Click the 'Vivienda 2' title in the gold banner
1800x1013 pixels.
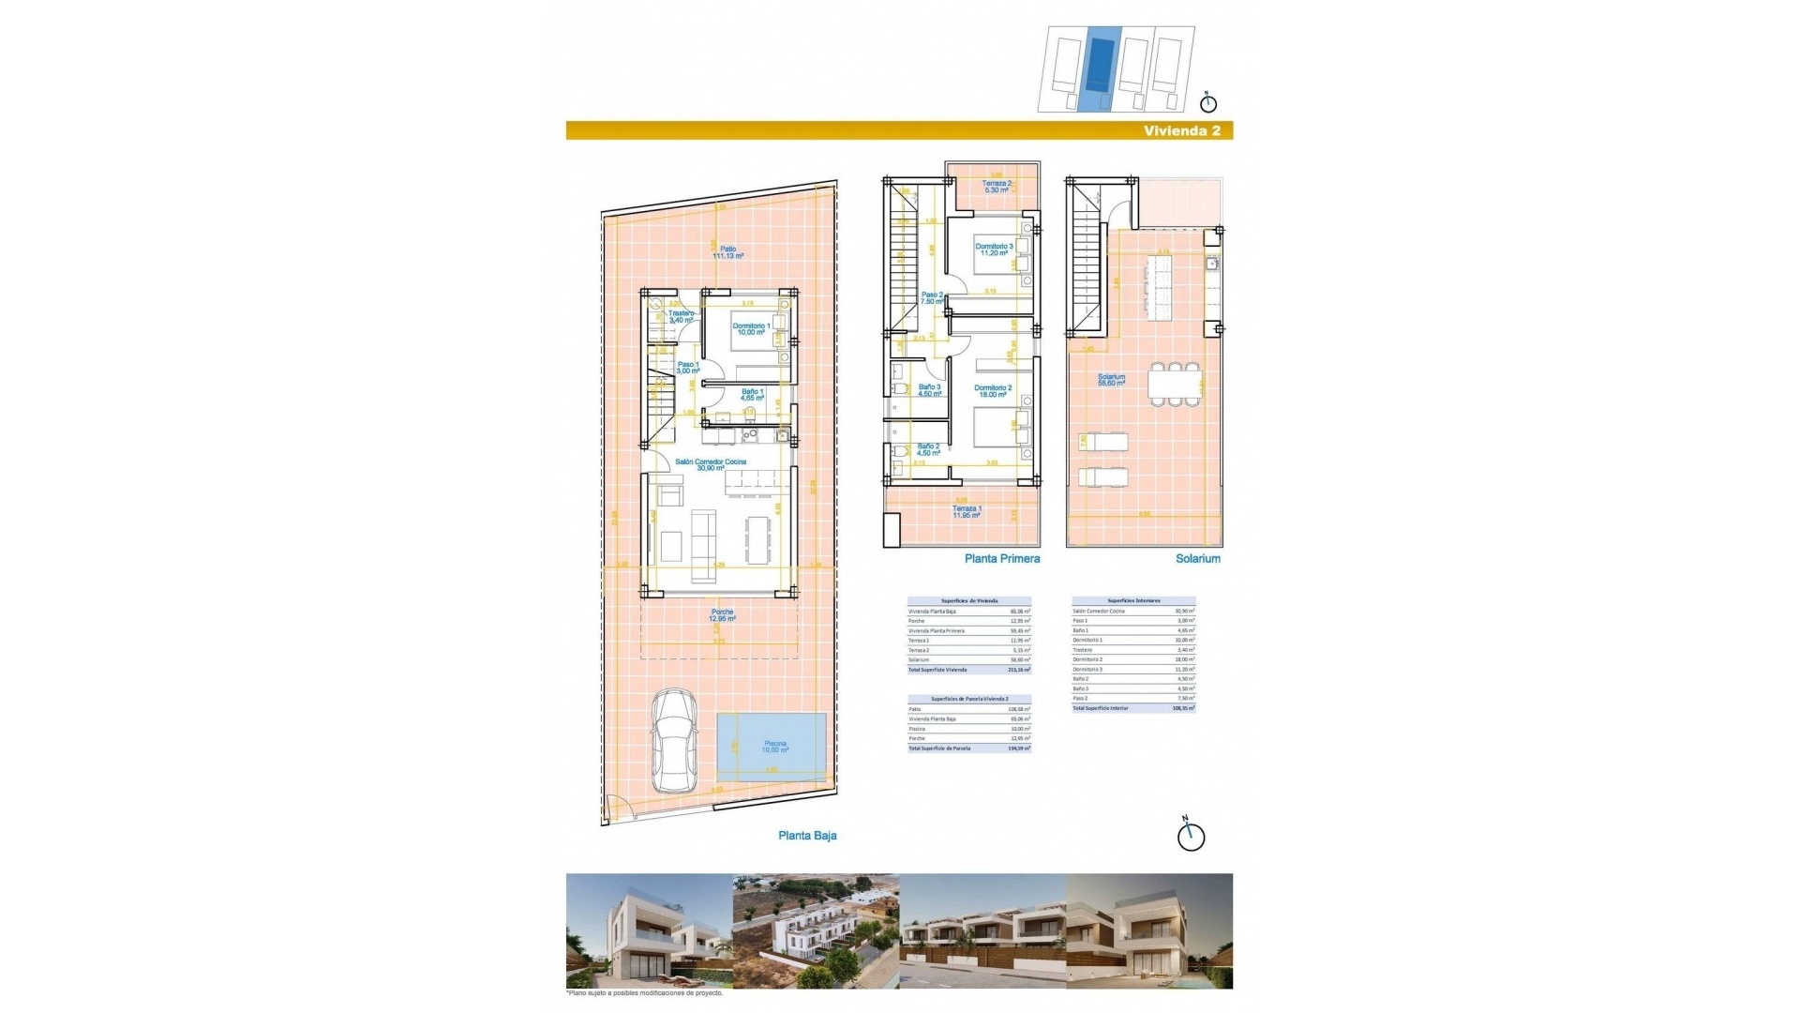pos(1181,131)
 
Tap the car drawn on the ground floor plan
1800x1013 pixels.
pos(674,741)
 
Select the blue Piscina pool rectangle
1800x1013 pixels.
pos(772,748)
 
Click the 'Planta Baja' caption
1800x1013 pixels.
pos(807,836)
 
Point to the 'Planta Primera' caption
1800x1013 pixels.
pos(1002,559)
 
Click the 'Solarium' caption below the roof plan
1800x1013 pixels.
pos(1198,559)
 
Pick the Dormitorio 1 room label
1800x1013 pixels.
pos(751,329)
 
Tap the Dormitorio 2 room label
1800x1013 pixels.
pos(993,391)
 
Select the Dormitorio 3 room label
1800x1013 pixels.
pos(994,249)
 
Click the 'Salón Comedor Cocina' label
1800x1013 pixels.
pos(711,464)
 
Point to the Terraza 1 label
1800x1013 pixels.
pos(967,511)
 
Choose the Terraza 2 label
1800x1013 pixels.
pos(997,187)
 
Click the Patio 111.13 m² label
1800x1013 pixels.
pos(727,252)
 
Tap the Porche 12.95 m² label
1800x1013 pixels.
pos(722,615)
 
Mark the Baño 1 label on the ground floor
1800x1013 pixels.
pos(752,395)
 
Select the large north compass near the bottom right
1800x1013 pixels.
pos(1191,836)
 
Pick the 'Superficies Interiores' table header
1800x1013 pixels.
pos(1133,600)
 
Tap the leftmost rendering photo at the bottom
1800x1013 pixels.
pos(649,931)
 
